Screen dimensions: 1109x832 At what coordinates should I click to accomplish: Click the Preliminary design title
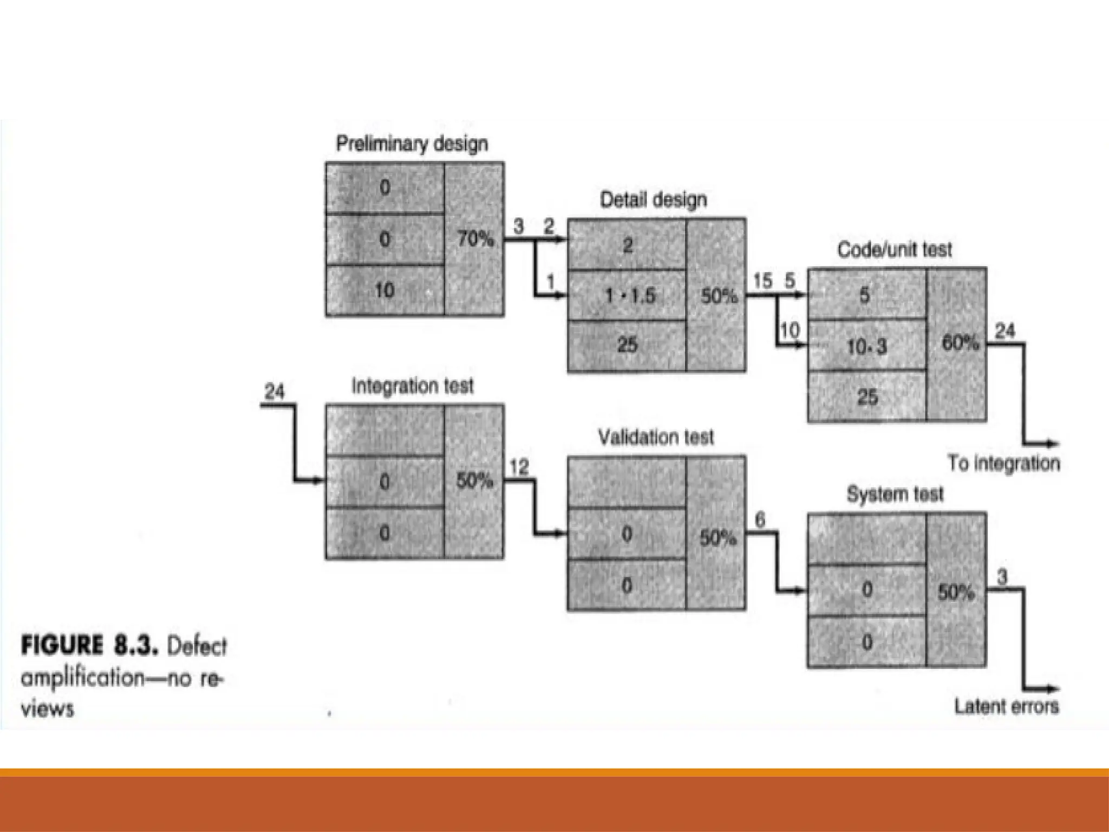412,144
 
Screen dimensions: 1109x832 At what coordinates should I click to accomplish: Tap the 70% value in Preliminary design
475,239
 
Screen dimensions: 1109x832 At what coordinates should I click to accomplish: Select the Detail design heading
653,200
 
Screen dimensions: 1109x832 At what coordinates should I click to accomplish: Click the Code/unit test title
894,250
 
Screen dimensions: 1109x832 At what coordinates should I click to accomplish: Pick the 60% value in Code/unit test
960,343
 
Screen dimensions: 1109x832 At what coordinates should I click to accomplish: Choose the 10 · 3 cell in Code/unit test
867,346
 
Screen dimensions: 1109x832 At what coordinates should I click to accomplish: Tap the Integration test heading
412,386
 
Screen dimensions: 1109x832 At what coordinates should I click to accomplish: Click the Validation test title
656,437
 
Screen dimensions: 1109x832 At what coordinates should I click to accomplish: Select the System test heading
895,494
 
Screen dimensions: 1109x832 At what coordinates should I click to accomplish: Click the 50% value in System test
956,593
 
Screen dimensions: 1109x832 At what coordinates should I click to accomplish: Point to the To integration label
1003,464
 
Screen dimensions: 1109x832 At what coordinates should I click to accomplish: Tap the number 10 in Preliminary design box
384,291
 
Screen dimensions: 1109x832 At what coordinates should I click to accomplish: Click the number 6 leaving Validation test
760,521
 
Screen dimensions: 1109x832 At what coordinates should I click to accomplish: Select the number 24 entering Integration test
275,391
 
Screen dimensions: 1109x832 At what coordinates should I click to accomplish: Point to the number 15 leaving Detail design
762,281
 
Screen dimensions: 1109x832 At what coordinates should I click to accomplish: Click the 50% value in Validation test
718,538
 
